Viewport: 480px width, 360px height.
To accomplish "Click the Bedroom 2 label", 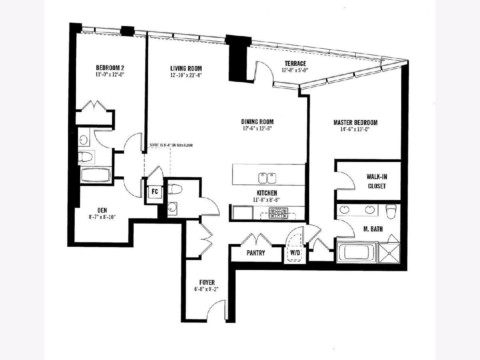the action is tap(110, 68).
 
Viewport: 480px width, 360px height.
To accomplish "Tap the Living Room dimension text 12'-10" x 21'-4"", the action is tap(186, 75).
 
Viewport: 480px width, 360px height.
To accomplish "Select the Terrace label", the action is tap(295, 64).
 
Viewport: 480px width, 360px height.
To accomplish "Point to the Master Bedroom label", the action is tap(355, 122).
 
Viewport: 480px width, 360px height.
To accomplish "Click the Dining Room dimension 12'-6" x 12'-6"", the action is tap(257, 128).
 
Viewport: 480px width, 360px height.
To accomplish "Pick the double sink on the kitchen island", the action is tap(267, 178).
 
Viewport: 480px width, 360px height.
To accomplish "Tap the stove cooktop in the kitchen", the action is tap(278, 213).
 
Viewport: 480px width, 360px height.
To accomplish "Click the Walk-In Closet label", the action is tap(376, 181).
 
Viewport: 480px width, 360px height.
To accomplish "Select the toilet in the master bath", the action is tap(391, 211).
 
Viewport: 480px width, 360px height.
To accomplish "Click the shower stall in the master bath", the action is tap(389, 253).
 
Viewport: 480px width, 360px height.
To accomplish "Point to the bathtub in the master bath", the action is tap(357, 252).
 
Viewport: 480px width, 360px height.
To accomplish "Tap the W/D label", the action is tap(295, 253).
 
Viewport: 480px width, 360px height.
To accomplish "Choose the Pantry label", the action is tap(256, 253).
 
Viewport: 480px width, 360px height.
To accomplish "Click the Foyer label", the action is tap(207, 282).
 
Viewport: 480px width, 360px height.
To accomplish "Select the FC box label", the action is tap(155, 192).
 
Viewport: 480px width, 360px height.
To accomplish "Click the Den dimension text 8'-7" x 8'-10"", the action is tap(102, 217).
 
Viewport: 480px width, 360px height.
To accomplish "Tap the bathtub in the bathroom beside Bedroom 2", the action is tap(96, 175).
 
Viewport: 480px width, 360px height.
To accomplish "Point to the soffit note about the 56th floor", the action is tap(171, 145).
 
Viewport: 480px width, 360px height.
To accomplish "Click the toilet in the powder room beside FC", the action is tap(175, 189).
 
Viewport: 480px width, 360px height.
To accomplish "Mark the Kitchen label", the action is tap(267, 193).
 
